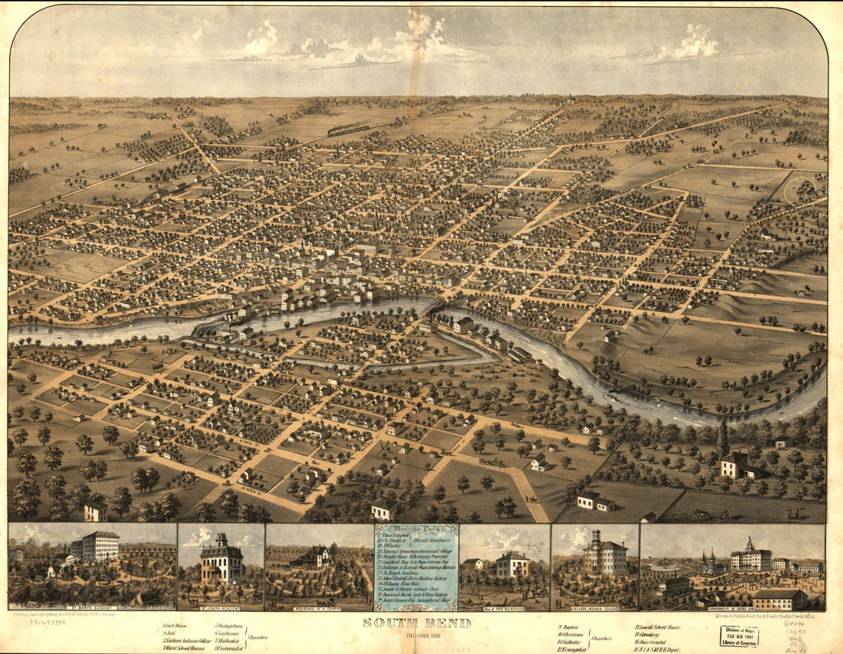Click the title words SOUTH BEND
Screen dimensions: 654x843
coord(417,623)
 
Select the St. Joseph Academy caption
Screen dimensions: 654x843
coord(221,607)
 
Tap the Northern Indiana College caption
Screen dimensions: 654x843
coord(595,607)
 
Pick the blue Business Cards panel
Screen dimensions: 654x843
coord(416,567)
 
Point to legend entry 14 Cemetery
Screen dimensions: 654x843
coord(649,635)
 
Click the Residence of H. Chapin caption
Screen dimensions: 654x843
coord(319,607)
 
